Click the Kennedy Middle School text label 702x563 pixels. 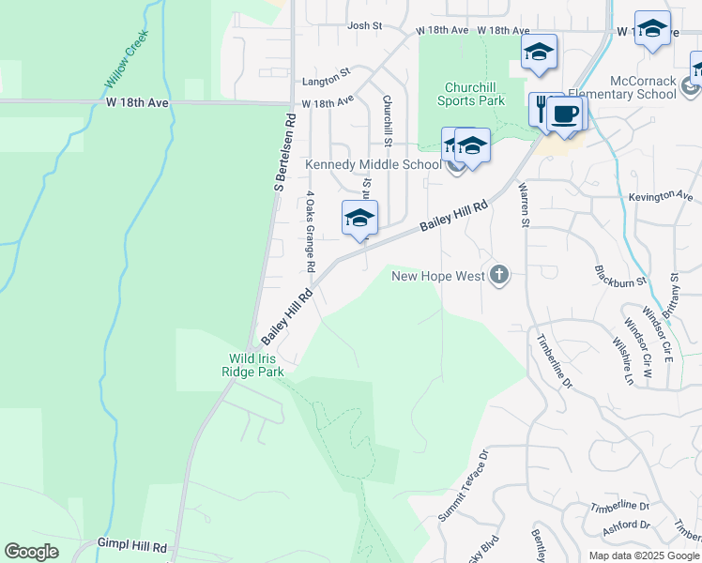[x=373, y=165]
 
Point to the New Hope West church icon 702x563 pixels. [x=499, y=276]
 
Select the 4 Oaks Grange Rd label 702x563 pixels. [x=308, y=227]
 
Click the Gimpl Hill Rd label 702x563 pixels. [x=131, y=545]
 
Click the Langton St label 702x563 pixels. [x=331, y=70]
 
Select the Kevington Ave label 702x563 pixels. [x=664, y=196]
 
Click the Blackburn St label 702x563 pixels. [x=621, y=275]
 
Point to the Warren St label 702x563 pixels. [x=524, y=204]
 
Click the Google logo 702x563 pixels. [x=32, y=552]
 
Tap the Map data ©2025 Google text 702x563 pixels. [x=643, y=555]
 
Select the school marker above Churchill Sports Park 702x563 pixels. [x=539, y=53]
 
